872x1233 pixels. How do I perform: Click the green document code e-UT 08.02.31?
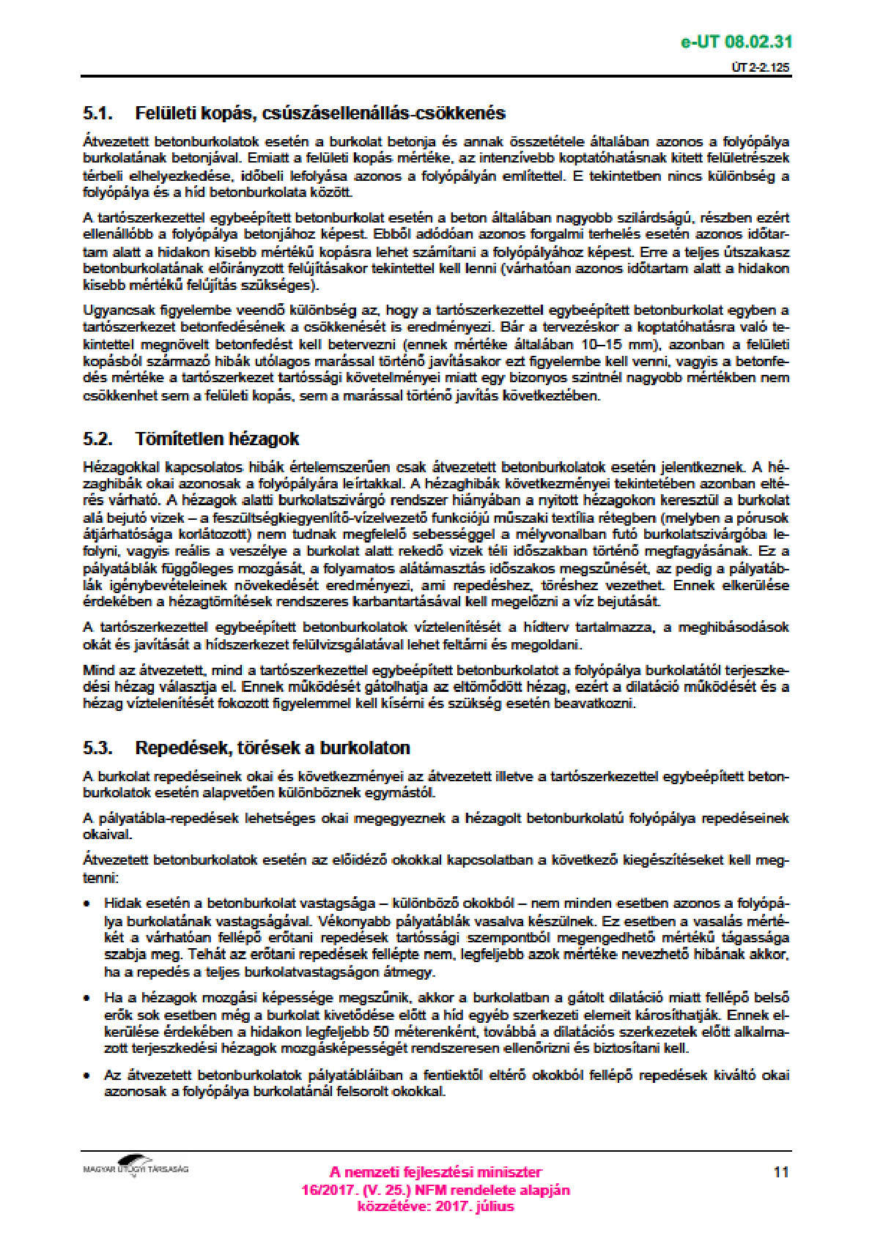point(736,42)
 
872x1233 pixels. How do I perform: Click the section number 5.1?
point(97,113)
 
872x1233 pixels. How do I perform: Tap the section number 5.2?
point(97,439)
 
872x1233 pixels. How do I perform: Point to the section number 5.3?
point(97,748)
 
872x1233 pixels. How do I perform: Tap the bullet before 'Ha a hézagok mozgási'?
point(87,999)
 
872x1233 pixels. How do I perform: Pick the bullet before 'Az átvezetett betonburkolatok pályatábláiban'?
point(87,1076)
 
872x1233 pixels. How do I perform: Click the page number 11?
point(781,1172)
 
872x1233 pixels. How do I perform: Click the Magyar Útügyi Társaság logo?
point(136,1166)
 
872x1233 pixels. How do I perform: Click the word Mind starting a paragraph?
point(98,670)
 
